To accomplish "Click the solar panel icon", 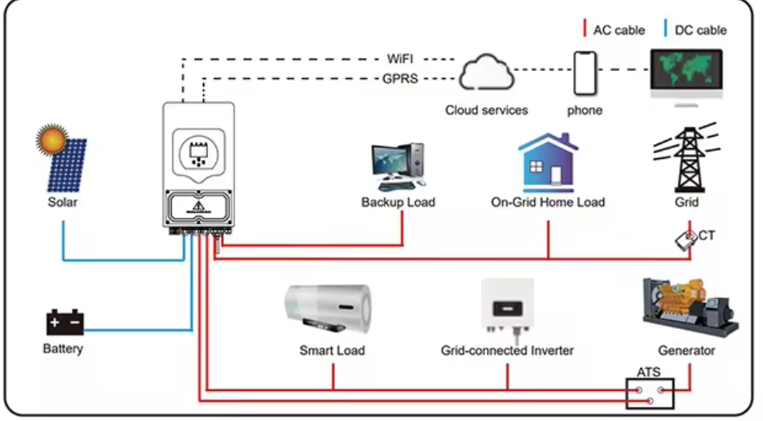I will click(x=63, y=160).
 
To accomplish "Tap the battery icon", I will click(x=64, y=323).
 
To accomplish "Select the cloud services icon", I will click(x=486, y=74).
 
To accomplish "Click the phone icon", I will click(x=584, y=73).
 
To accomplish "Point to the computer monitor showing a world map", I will click(x=686, y=72).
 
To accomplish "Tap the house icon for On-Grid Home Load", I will click(x=548, y=163).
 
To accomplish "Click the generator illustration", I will click(x=690, y=306).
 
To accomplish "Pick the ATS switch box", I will click(x=650, y=394).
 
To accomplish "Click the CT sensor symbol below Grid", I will click(x=684, y=239).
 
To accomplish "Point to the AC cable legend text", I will click(x=619, y=30).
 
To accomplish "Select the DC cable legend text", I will click(x=700, y=30).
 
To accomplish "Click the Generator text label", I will click(x=686, y=351).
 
